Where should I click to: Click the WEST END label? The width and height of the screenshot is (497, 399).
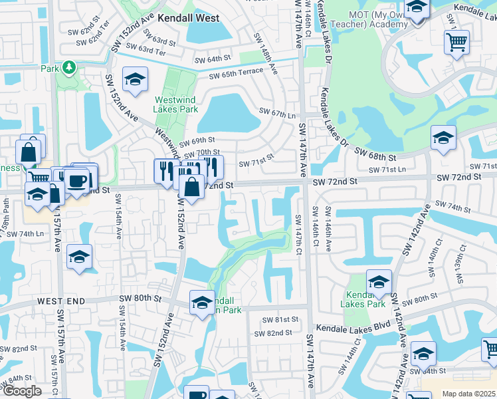[x=60, y=301]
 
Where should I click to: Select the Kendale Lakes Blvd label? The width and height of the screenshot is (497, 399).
[x=351, y=328]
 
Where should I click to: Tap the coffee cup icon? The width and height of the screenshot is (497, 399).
[x=77, y=180]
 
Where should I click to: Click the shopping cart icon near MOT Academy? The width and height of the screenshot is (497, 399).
[x=456, y=43]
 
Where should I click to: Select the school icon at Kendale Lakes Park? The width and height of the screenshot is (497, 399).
[x=379, y=282]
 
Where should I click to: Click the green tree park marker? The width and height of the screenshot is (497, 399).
[x=68, y=68]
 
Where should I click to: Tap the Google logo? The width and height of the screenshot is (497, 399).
[x=22, y=391]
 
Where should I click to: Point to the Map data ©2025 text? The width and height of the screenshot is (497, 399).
[x=469, y=394]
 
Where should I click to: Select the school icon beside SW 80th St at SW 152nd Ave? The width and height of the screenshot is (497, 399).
[x=202, y=303]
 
